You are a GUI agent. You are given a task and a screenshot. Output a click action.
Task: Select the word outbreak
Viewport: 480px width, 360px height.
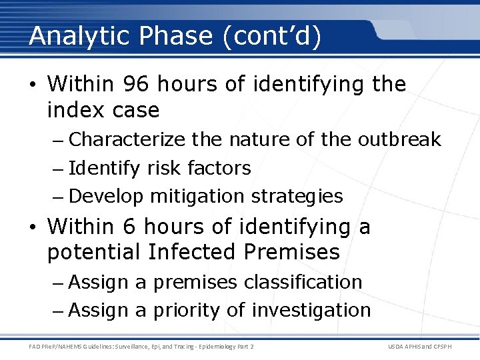[x=399, y=139]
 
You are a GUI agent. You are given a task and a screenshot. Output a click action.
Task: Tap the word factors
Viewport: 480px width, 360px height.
[x=219, y=168]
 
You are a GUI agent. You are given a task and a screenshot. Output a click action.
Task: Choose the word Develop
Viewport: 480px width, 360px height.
[x=106, y=197]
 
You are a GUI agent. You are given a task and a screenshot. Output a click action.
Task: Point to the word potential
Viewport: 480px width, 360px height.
[x=94, y=253]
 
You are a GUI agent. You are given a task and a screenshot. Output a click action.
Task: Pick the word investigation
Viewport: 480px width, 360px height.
[x=311, y=311]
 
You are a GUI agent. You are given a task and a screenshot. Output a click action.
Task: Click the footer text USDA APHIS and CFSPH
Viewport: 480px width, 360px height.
[x=428, y=345]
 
